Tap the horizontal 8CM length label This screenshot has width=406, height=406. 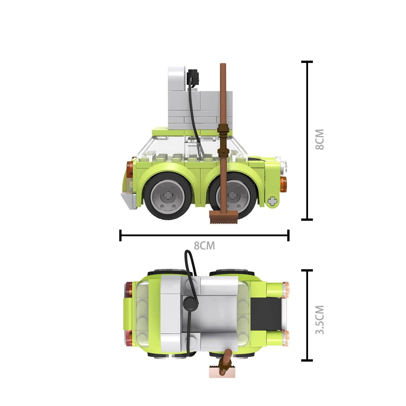click(204, 246)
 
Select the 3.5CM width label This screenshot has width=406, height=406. click(320, 320)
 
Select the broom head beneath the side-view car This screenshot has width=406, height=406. click(223, 217)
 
